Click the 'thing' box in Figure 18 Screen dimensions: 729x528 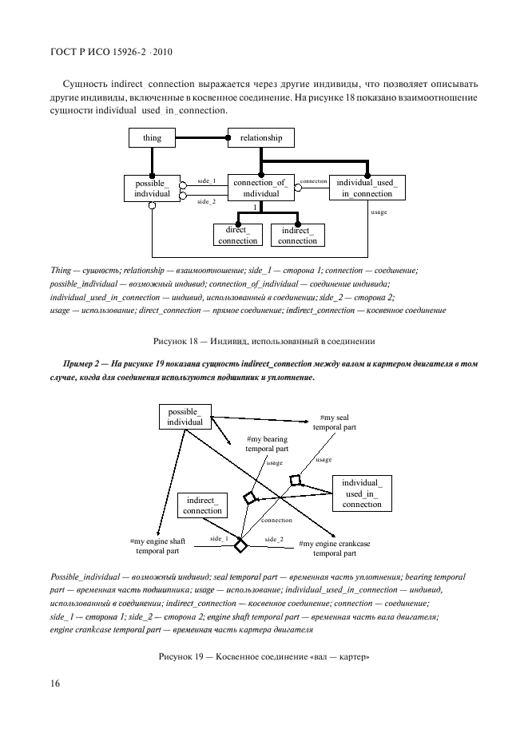click(x=153, y=138)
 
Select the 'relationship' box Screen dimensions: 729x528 click(x=261, y=138)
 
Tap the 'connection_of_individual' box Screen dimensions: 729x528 click(x=260, y=188)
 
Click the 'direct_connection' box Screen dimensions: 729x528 click(x=237, y=236)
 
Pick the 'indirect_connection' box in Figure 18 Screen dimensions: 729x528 click(x=297, y=236)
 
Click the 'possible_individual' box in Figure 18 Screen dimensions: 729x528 click(x=152, y=188)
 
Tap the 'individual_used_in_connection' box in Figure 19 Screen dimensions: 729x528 click(x=362, y=493)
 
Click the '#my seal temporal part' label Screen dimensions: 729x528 click(x=334, y=422)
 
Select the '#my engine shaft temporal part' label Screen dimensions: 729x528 click(x=157, y=546)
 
